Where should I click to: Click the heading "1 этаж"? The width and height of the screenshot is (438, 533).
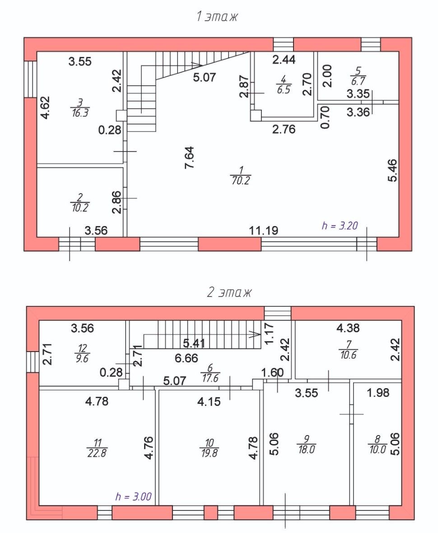(217, 17)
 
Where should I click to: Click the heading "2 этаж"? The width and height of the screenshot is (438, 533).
(229, 292)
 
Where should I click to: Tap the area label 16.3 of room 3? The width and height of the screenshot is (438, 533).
(80, 113)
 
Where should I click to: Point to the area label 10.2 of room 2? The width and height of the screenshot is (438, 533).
(80, 207)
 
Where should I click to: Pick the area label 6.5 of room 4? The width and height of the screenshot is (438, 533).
(284, 90)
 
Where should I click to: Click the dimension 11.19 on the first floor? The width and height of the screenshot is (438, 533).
(264, 231)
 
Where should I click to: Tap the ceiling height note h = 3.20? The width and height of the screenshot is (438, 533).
(340, 226)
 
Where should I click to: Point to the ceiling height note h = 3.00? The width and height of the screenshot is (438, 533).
(133, 496)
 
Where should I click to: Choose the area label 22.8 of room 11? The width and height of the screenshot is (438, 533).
(97, 453)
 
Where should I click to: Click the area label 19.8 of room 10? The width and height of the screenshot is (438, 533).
(210, 453)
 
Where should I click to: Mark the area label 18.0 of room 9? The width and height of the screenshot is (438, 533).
(307, 450)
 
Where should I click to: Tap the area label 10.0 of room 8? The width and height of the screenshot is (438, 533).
(377, 450)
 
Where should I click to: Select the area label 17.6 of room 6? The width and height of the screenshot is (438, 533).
(210, 378)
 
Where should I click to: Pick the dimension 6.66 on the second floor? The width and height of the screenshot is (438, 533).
(186, 358)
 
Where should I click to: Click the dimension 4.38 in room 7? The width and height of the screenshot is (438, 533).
(348, 328)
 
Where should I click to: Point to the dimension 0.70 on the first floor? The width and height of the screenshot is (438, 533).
(326, 117)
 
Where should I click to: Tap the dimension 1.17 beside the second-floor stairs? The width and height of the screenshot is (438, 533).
(269, 334)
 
